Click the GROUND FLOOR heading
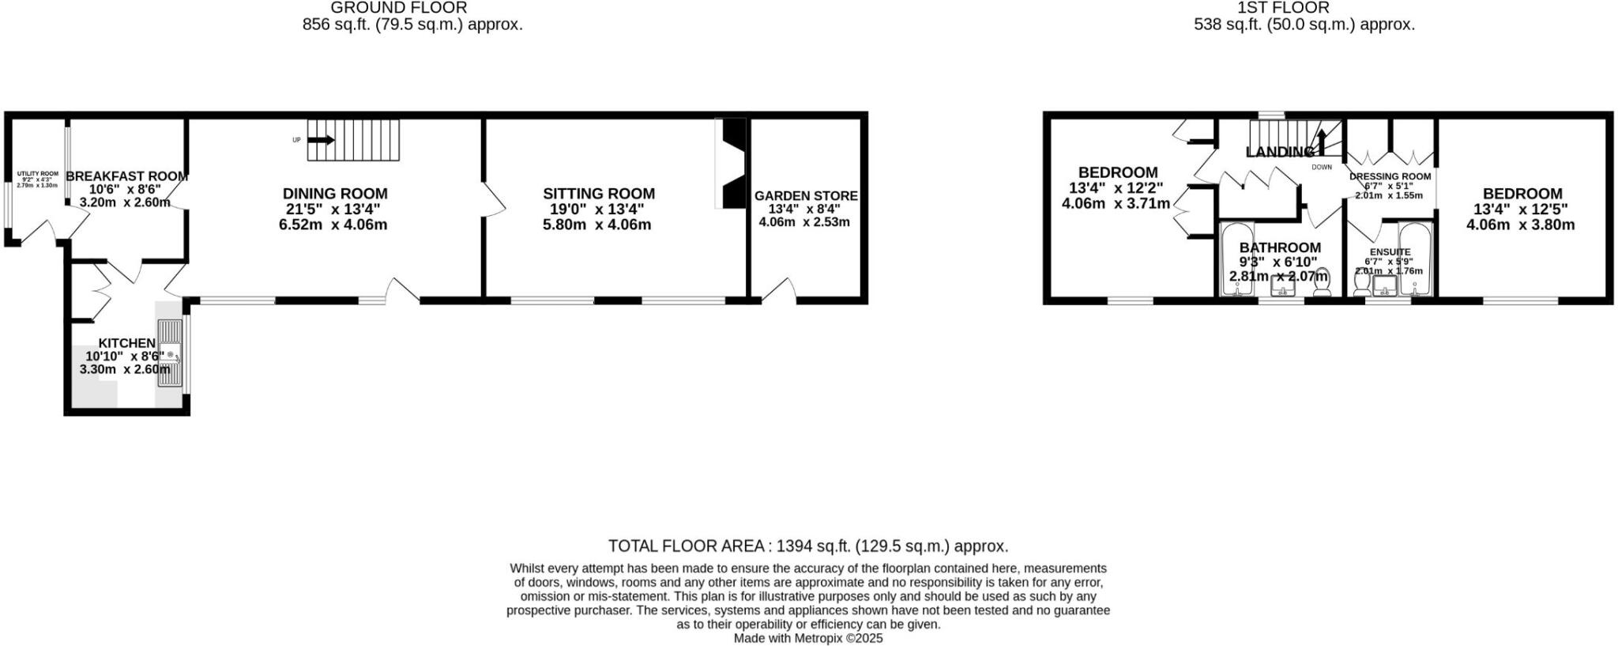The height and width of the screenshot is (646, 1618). [x=398, y=8]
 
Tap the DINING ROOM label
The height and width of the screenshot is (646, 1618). [x=335, y=194]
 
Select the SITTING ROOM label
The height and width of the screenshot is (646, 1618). [x=598, y=194]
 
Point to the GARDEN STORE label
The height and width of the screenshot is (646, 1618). [x=805, y=196]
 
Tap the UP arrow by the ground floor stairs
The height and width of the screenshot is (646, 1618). [x=321, y=140]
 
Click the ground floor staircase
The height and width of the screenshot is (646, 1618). [x=353, y=140]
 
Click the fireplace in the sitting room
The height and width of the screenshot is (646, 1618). [x=732, y=164]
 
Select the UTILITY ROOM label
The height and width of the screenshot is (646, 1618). [x=37, y=174]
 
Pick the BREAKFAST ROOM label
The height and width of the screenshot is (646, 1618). [x=126, y=176]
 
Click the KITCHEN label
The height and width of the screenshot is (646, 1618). [x=126, y=343]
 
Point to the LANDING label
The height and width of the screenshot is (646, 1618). [x=1280, y=152]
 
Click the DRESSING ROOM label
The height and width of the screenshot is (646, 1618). [x=1390, y=176]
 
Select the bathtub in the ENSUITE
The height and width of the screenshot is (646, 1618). [x=1410, y=261]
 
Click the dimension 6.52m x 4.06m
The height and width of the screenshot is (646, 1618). [x=333, y=225]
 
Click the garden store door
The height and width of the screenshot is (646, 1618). [x=778, y=291]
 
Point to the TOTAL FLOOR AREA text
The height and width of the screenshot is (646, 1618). [x=807, y=546]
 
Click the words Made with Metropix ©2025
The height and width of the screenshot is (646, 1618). [x=807, y=638]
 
